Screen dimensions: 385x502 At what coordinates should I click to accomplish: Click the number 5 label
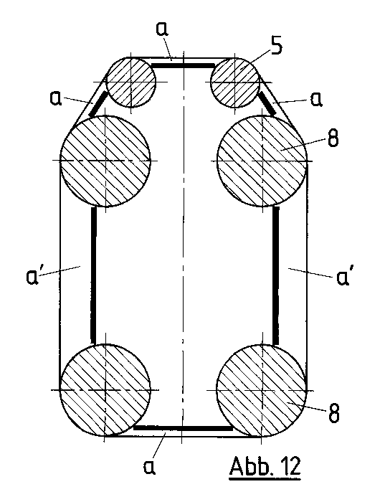pyautogui.click(x=277, y=47)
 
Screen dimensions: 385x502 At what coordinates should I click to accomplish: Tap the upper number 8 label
pyautogui.click(x=333, y=138)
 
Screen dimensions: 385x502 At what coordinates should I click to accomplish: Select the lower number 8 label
pyautogui.click(x=333, y=413)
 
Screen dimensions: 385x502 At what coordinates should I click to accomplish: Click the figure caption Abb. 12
pyautogui.click(x=265, y=467)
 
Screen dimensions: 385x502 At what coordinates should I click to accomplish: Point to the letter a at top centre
pyautogui.click(x=162, y=28)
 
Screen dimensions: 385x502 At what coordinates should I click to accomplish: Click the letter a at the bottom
pyautogui.click(x=149, y=467)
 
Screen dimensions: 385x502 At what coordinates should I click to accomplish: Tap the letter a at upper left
pyautogui.click(x=56, y=98)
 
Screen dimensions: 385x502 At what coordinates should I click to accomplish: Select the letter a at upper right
pyautogui.click(x=316, y=99)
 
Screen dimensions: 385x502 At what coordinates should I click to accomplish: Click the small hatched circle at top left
pyautogui.click(x=131, y=82)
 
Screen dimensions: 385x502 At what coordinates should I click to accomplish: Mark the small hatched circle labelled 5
pyautogui.click(x=234, y=82)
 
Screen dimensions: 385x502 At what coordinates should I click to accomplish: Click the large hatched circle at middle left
pyautogui.click(x=105, y=161)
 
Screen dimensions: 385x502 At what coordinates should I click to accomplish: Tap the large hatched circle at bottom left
pyautogui.click(x=105, y=390)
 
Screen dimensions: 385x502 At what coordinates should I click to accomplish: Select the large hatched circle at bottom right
pyautogui.click(x=262, y=390)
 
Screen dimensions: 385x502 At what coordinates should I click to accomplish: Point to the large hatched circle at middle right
pyautogui.click(x=262, y=161)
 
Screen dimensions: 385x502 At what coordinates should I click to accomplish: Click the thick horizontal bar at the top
pyautogui.click(x=183, y=66)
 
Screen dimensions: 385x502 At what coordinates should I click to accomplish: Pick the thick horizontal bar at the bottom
pyautogui.click(x=183, y=428)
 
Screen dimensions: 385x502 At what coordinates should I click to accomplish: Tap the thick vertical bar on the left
pyautogui.click(x=93, y=275)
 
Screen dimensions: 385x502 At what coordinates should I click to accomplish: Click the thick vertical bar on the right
pyautogui.click(x=276, y=275)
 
